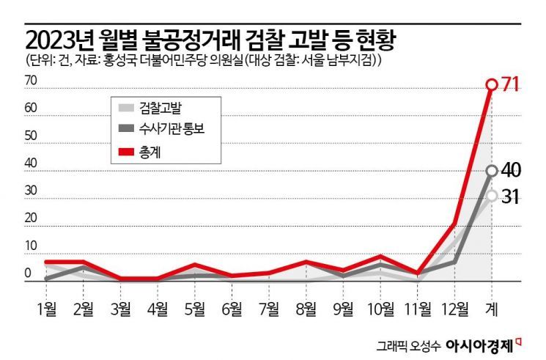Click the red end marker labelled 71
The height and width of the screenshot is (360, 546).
[492, 85]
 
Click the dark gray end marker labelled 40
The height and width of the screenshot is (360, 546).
[492, 171]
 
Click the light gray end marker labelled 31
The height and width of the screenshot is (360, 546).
[492, 195]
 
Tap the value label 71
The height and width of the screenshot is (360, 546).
[510, 85]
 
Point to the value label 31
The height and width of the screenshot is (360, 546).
[511, 196]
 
